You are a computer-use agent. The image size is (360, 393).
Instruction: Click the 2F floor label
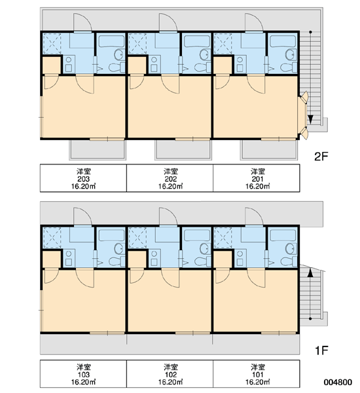pos(321,157)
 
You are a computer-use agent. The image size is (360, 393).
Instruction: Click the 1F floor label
pos(321,350)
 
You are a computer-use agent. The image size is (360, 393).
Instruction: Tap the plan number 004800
pos(338,382)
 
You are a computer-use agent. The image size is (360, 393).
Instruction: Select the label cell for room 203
pos(83,178)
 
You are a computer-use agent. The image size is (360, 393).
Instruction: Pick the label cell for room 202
pos(170,178)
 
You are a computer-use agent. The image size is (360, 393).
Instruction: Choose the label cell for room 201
pos(257,178)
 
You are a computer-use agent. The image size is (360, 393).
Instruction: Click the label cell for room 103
pos(83,374)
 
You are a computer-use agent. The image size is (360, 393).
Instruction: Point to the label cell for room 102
pos(170,374)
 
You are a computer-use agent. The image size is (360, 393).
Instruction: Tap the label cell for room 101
pos(257,374)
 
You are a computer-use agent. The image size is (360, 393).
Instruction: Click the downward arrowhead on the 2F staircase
pos(310,119)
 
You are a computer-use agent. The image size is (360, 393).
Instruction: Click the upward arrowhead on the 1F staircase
pos(310,272)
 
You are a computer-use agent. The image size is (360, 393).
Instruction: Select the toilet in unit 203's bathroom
pos(117,67)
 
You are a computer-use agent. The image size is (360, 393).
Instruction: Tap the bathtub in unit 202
pos(196,41)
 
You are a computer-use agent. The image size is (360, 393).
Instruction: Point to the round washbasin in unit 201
pos(291,54)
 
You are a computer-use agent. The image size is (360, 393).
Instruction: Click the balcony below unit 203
pos(98,150)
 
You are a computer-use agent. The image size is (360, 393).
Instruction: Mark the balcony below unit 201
pos(268,150)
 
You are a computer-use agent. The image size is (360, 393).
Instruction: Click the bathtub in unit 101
pos(283,236)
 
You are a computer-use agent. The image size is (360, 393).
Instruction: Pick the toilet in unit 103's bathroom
pos(117,261)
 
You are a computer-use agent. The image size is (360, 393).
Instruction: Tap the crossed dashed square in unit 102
pos(137,238)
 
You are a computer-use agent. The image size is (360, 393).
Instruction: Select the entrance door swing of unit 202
pos(168,22)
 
